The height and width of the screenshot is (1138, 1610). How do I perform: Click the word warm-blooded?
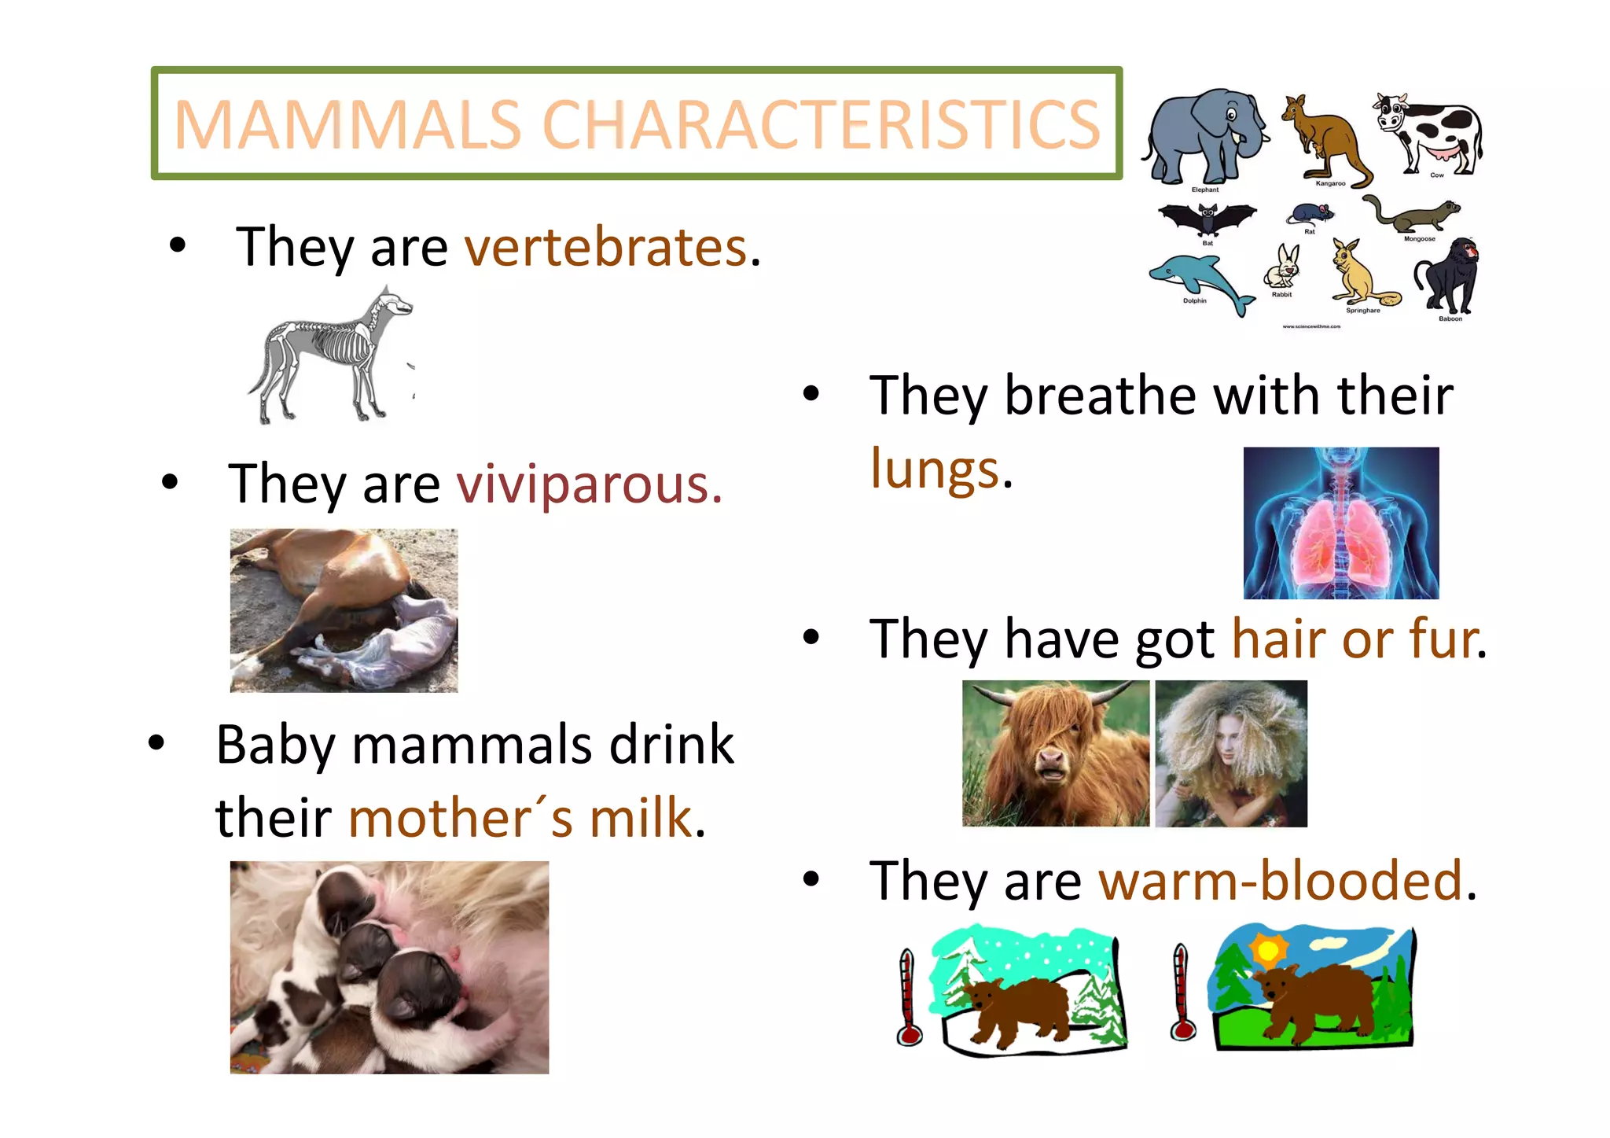(x=1280, y=881)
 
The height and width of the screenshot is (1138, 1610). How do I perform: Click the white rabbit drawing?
(x=1283, y=267)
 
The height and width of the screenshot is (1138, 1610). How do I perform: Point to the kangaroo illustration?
(x=1325, y=138)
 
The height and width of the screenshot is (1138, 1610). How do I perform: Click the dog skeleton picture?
(x=330, y=354)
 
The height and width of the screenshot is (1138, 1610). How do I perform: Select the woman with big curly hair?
(x=1231, y=753)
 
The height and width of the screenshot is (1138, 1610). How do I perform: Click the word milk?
(x=641, y=818)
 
